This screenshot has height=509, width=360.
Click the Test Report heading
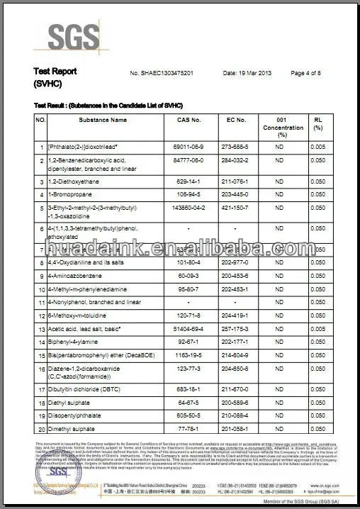[55, 72]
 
